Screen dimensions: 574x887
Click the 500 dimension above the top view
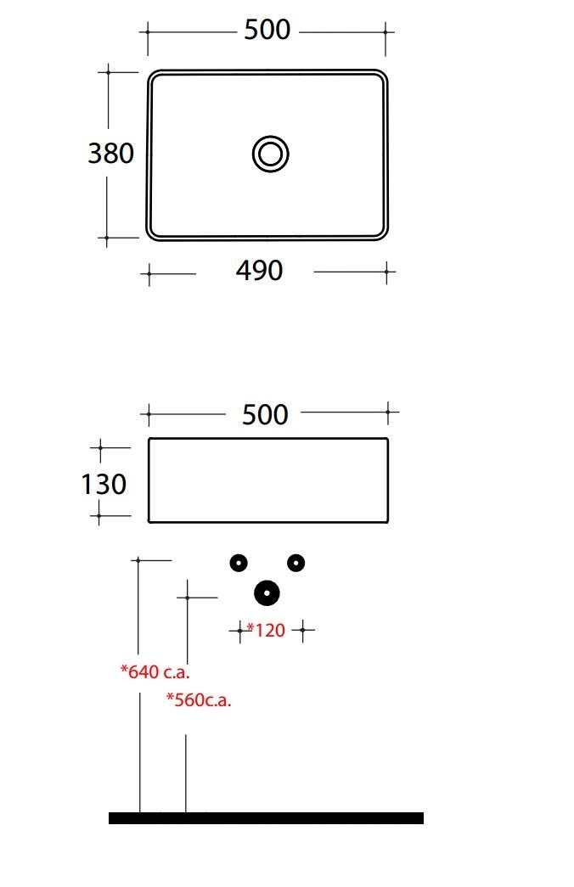pos(267,30)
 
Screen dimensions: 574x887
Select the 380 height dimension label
pos(111,153)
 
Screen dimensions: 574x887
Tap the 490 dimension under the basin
pos(259,271)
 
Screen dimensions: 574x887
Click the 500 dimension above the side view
pos(265,415)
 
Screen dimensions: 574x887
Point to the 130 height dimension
pos(104,484)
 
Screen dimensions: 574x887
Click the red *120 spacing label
pos(266,630)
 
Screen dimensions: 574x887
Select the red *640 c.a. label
pos(155,671)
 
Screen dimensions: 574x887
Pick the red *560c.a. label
pos(199,699)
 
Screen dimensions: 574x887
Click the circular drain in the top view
pos(271,154)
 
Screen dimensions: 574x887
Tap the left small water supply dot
pos(239,563)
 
